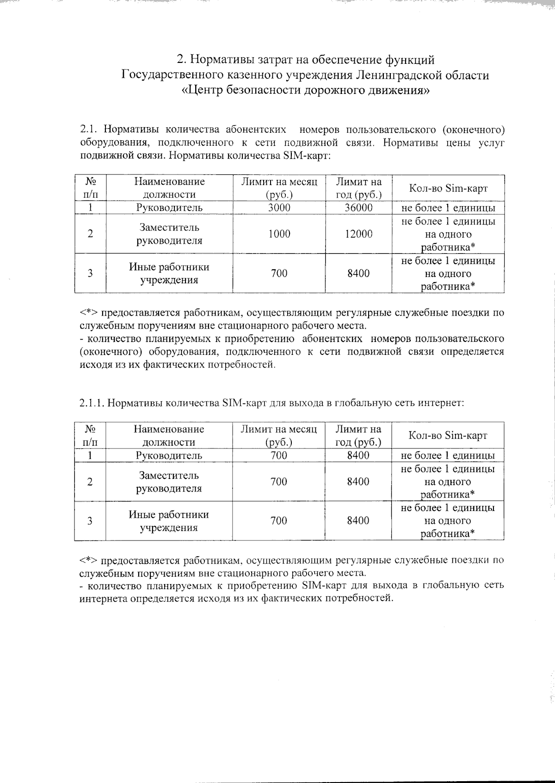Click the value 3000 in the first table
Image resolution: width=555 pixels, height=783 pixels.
click(x=279, y=208)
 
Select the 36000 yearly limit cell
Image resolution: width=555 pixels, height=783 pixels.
click(x=358, y=208)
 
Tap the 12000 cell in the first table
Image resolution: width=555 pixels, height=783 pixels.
click(x=358, y=234)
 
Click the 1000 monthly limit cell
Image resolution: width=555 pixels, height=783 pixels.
click(x=279, y=234)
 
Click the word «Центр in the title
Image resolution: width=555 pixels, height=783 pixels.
click(x=203, y=90)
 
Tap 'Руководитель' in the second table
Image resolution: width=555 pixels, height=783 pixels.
click(x=169, y=455)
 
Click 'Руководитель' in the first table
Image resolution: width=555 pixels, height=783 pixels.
click(x=169, y=208)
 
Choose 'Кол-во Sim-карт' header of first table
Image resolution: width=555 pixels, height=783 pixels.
click(x=448, y=188)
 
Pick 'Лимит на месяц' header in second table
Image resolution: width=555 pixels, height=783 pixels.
click(x=279, y=435)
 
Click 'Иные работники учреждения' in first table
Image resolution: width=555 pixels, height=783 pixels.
click(x=169, y=273)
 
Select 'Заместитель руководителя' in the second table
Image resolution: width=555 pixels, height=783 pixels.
click(x=169, y=482)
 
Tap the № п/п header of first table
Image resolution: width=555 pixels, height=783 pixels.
click(x=90, y=188)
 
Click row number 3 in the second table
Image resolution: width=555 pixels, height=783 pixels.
click(x=90, y=521)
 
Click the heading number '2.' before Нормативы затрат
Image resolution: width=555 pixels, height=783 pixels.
click(x=181, y=60)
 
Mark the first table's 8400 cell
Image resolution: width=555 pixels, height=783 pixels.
click(x=358, y=273)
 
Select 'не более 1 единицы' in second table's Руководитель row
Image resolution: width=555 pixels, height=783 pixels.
click(x=448, y=455)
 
